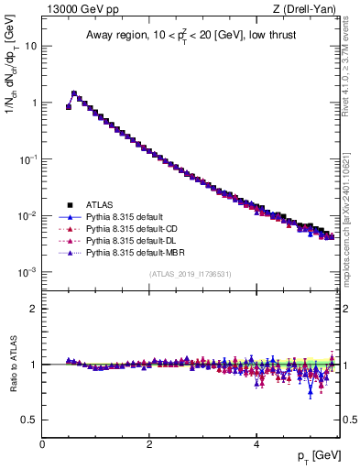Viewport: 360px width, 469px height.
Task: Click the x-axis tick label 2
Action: [149, 443]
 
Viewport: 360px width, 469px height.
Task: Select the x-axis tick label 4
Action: [256, 443]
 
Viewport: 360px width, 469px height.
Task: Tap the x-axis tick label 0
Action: [42, 443]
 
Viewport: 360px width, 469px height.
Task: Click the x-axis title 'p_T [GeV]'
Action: [317, 456]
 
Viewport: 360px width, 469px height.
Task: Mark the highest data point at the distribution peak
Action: [74, 93]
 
